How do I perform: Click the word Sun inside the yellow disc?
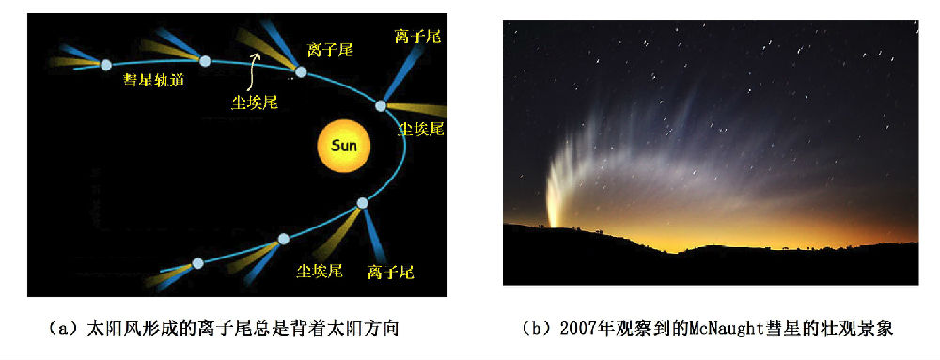(x=344, y=146)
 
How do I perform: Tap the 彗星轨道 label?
(x=154, y=80)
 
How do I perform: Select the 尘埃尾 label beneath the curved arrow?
(x=254, y=102)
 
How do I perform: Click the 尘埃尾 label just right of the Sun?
(x=421, y=128)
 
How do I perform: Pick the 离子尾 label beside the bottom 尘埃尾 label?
(x=391, y=273)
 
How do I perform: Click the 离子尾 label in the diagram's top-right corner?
(x=418, y=36)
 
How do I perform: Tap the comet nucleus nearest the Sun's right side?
(x=381, y=106)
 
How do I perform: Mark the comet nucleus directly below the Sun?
(x=362, y=203)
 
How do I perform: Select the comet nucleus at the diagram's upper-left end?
(x=106, y=65)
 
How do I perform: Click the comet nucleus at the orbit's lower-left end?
(x=197, y=263)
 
